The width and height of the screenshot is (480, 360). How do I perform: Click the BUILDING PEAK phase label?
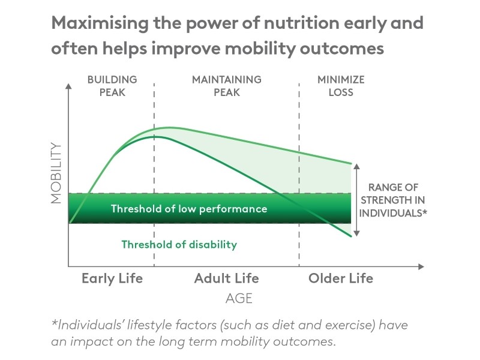pos(112,86)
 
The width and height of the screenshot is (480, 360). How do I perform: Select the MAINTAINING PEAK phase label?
pos(226,86)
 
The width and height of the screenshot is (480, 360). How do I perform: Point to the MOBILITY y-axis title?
pos(56,173)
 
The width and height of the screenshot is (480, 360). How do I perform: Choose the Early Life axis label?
pos(112,278)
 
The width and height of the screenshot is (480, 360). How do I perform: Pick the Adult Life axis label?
pos(226,278)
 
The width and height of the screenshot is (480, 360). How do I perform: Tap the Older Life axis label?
pos(340,278)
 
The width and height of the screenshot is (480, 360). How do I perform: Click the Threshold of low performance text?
pos(189,209)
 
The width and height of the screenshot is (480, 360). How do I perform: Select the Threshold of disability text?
pos(179,244)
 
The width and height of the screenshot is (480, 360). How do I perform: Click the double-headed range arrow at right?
pos(356,199)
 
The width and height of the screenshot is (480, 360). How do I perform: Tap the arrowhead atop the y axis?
pos(69,86)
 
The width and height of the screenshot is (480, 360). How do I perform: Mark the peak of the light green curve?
pos(170,127)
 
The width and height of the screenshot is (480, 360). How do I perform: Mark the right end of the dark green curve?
pos(350,237)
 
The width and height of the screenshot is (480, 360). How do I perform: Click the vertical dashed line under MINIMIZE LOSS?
pos(299,180)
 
